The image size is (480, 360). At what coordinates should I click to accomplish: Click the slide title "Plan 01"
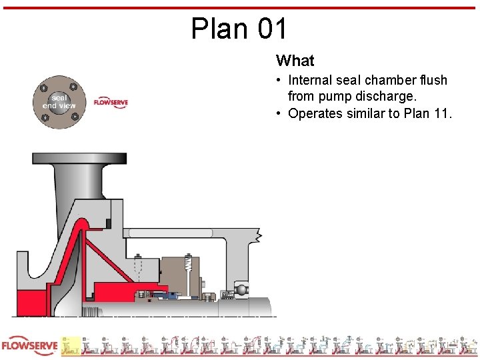click(x=239, y=29)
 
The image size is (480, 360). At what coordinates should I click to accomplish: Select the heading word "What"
click(x=295, y=61)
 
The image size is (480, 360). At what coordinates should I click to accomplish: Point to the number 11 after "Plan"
click(x=441, y=113)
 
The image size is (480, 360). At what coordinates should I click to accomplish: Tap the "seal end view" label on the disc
click(x=59, y=101)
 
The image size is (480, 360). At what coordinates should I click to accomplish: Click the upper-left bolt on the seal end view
click(x=44, y=88)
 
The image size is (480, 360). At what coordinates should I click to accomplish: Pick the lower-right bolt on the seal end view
click(x=74, y=117)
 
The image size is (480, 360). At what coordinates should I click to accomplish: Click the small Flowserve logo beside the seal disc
click(x=111, y=103)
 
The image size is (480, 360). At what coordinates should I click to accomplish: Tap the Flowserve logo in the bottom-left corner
click(x=30, y=347)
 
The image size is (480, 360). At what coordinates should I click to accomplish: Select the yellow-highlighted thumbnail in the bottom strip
click(x=71, y=346)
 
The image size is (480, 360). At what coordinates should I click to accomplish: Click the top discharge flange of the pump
click(x=79, y=159)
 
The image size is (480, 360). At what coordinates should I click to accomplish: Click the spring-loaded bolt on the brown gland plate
click(x=189, y=269)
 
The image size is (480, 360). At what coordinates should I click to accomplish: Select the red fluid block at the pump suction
click(x=29, y=303)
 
